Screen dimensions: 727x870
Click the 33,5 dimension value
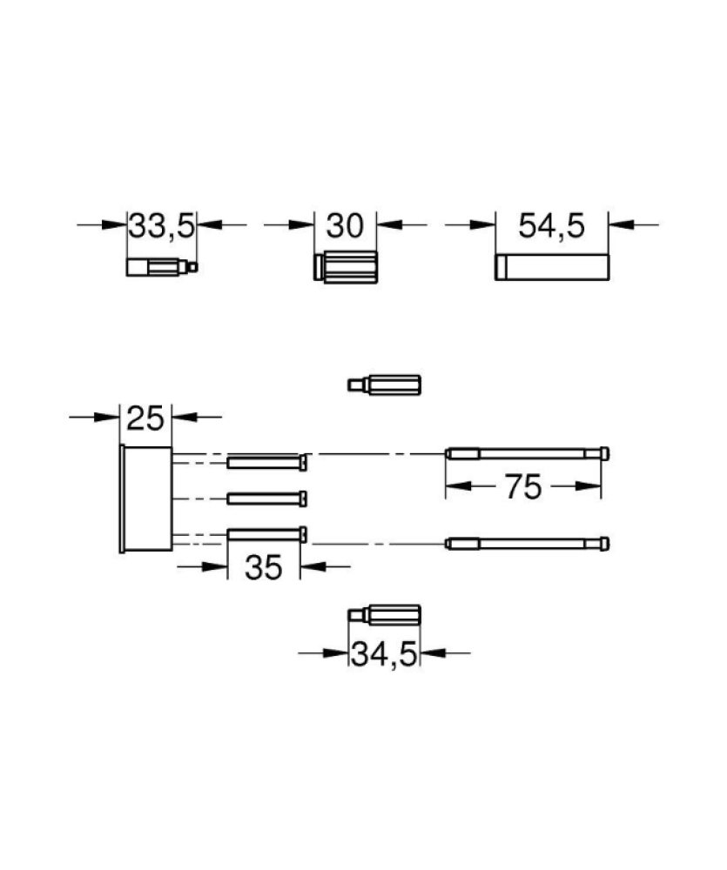(x=162, y=226)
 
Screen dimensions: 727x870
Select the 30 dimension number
(x=345, y=225)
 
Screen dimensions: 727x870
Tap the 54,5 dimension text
(x=551, y=225)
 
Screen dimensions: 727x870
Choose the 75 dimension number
(x=522, y=486)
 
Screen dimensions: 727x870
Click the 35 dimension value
(x=263, y=567)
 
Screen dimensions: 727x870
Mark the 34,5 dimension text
(x=384, y=655)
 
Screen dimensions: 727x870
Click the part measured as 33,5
(x=162, y=267)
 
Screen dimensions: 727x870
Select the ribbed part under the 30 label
(x=346, y=267)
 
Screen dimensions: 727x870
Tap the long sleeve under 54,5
(x=552, y=267)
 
